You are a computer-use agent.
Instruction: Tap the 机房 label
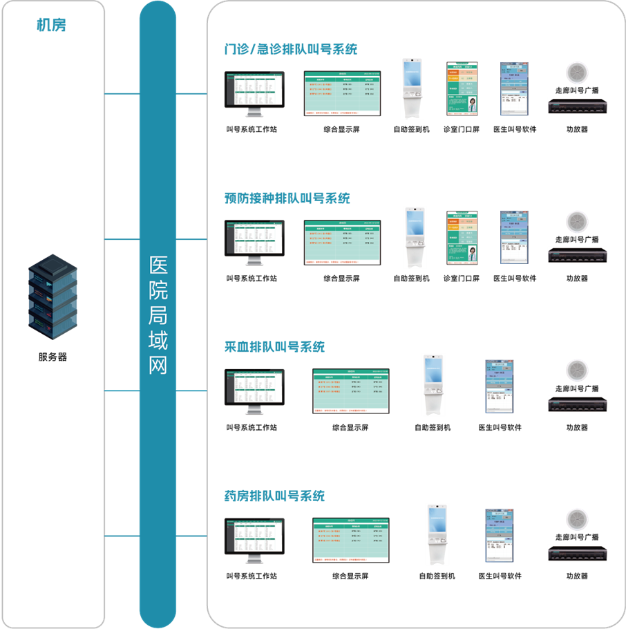point(52,26)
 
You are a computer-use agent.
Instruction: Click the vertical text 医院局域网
point(158,315)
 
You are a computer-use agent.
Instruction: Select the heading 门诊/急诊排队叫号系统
point(291,50)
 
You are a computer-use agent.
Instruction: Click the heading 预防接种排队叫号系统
point(287,198)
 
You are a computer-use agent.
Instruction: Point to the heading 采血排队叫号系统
point(274,347)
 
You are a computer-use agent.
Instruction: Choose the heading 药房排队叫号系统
point(274,496)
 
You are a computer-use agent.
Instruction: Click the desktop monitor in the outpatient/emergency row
point(254,93)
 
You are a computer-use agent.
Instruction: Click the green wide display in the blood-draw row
point(351,391)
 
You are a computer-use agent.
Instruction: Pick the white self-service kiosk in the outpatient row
point(412,88)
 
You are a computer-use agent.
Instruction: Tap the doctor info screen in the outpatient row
point(462,88)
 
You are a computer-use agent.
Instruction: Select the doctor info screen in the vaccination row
point(462,237)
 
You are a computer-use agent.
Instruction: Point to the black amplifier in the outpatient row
point(577,106)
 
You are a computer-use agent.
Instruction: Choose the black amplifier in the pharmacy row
point(577,553)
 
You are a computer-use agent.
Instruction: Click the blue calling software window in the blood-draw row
point(499,386)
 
